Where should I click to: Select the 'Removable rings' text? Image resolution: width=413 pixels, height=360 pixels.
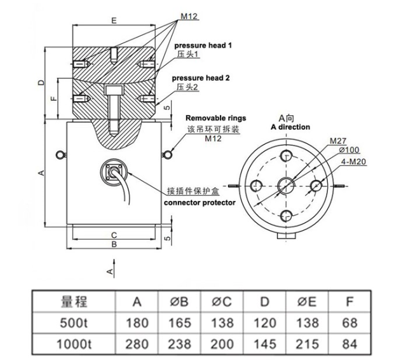pyautogui.click(x=215, y=118)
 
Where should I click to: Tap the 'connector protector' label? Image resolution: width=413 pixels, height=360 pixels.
pyautogui.click(x=200, y=202)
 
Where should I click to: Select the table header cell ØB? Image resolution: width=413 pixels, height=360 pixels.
pyautogui.click(x=180, y=301)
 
